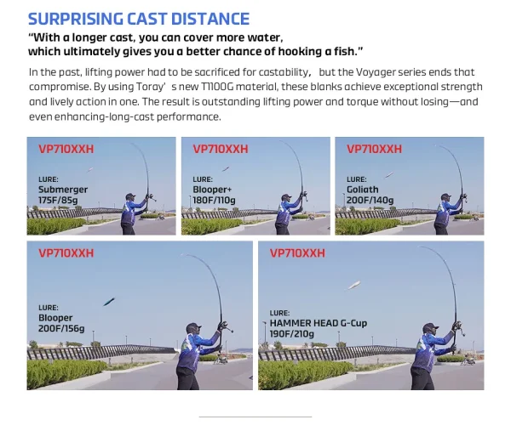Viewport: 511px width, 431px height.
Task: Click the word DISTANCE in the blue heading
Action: pyautogui.click(x=210, y=19)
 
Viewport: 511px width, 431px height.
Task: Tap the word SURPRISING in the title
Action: pyautogui.click(x=75, y=19)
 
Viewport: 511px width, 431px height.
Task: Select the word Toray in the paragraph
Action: pyautogui.click(x=148, y=87)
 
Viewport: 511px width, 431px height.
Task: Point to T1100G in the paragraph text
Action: pyautogui.click(x=216, y=87)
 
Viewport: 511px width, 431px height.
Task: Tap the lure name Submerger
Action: pyautogui.click(x=63, y=190)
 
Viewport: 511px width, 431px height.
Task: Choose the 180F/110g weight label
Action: pyautogui.click(x=214, y=200)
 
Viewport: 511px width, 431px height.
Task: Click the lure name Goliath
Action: pyautogui.click(x=363, y=190)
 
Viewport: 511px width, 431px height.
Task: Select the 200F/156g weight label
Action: pyautogui.click(x=61, y=328)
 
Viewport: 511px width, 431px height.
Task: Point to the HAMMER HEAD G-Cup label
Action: pyautogui.click(x=319, y=323)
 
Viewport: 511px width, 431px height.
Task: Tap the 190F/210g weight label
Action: pyautogui.click(x=291, y=334)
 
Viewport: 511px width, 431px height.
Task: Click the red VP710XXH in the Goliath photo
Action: pyautogui.click(x=374, y=149)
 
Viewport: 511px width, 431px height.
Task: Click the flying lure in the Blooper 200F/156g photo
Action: pyautogui.click(x=109, y=302)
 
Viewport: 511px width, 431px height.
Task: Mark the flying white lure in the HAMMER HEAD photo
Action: pyautogui.click(x=354, y=286)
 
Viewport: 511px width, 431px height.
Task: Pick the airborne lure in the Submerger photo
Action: pyautogui.click(x=90, y=169)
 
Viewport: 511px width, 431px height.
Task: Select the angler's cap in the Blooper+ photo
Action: pyautogui.click(x=286, y=196)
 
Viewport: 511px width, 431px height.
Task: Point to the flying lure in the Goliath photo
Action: pyautogui.click(x=389, y=175)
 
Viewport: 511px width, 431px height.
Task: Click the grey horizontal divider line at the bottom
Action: pyautogui.click(x=255, y=417)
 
